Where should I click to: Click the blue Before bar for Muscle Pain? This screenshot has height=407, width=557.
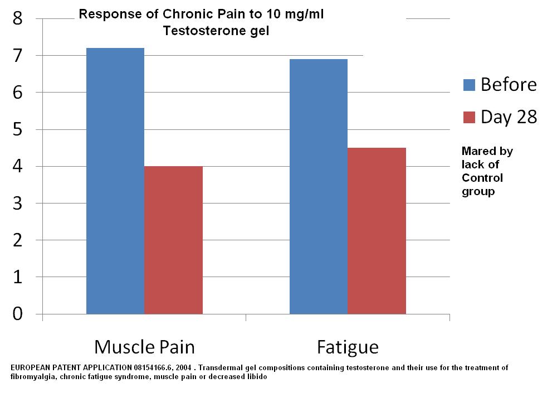coord(115,181)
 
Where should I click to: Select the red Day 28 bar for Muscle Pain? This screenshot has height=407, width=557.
coord(174,240)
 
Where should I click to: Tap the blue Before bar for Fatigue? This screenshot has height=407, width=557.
coord(319,187)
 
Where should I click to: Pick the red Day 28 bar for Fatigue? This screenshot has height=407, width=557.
coord(377,231)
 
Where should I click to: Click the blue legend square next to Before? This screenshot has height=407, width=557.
coord(469,85)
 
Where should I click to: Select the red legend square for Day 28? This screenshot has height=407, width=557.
coord(469,117)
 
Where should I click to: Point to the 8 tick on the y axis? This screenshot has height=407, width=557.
coord(17,18)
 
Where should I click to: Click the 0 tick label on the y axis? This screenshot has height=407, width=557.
coord(17,314)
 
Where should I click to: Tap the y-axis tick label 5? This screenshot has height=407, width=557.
coord(17,129)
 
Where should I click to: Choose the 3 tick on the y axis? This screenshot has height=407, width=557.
coord(17,203)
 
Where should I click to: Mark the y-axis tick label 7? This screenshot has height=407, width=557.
coord(17,55)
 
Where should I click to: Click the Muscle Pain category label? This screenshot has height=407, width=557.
coord(145,347)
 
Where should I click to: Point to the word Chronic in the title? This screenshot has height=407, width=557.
coord(185,14)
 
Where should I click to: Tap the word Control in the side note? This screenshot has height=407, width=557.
coord(482,178)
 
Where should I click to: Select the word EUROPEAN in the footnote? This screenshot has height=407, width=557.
coord(31,367)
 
